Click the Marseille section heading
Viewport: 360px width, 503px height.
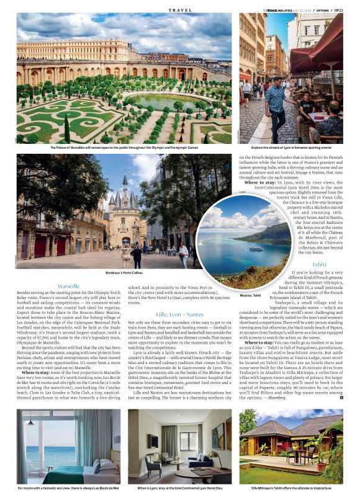coord(68,286)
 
